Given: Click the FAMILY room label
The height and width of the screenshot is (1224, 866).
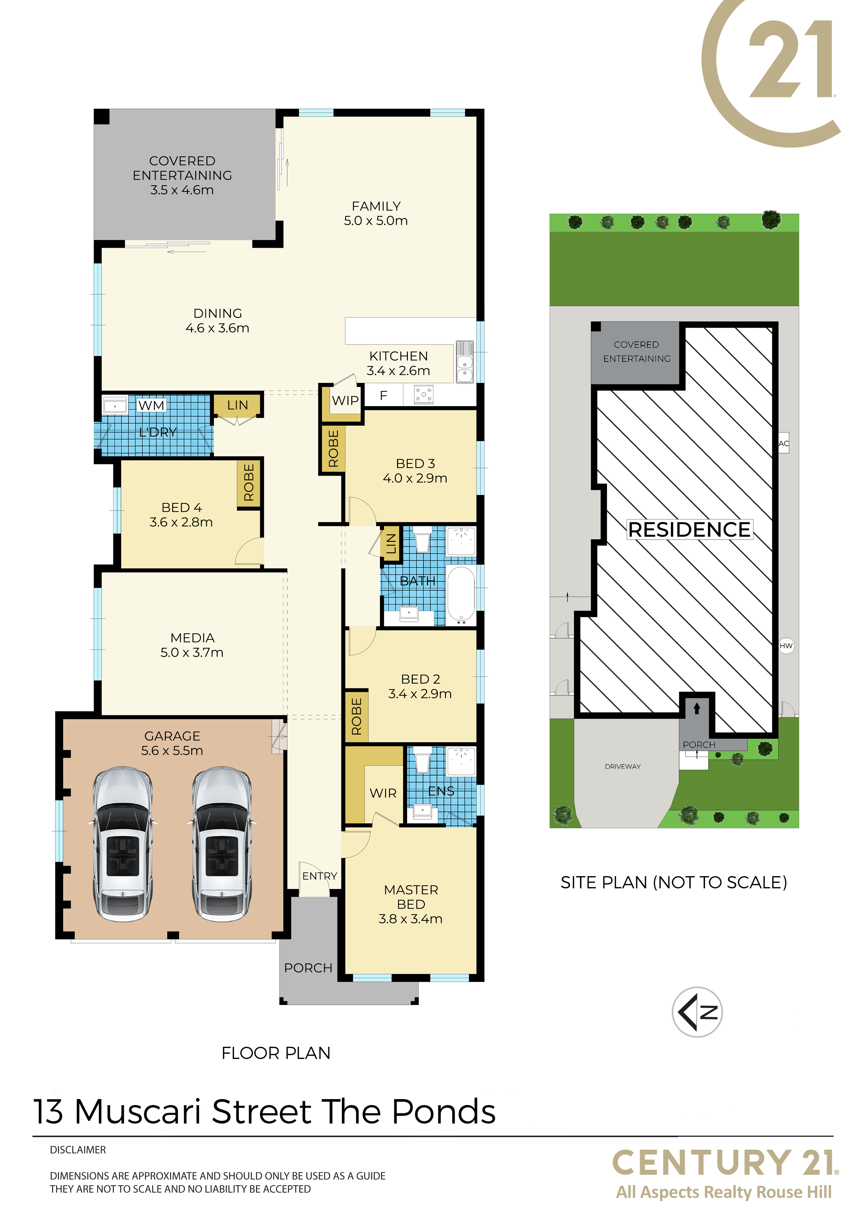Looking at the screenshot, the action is [x=376, y=206].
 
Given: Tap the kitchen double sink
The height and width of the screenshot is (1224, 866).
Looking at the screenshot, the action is [x=465, y=362].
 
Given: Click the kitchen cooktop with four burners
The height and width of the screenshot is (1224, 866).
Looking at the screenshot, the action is [x=424, y=395].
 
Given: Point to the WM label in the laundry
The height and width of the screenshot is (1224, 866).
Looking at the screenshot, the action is [x=152, y=406].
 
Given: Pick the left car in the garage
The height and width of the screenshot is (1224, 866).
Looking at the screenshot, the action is [x=123, y=844].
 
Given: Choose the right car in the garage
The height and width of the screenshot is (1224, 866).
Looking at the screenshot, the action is [x=222, y=844].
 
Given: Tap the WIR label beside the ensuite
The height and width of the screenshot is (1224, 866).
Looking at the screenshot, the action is [x=383, y=793].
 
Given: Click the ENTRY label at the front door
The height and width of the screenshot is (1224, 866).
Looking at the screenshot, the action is [x=320, y=876].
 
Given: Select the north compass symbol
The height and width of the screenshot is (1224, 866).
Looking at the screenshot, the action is [x=697, y=1012].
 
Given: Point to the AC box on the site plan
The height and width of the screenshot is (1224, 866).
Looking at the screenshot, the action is [x=783, y=443].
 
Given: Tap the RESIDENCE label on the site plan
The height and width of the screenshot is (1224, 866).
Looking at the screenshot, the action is [x=689, y=529].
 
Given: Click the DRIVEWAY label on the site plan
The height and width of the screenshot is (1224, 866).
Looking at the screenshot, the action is [x=623, y=767].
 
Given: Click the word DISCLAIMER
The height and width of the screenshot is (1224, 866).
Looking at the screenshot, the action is [x=78, y=1150].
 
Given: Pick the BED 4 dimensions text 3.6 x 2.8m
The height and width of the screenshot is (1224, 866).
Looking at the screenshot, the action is [x=181, y=522].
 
